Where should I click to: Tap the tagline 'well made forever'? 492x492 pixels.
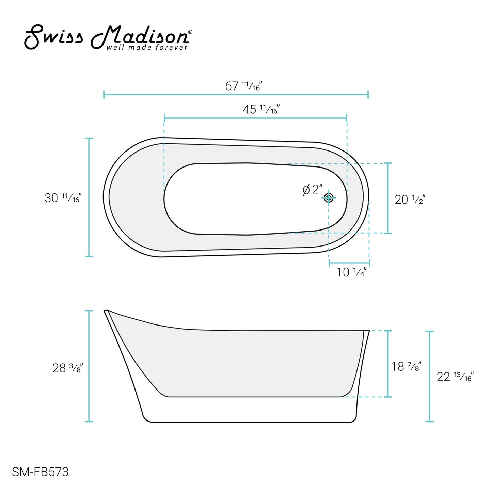click(147, 47)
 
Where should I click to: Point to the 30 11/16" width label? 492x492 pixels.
click(63, 197)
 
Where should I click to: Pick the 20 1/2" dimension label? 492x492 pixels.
click(410, 200)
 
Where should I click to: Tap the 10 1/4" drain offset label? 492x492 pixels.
click(352, 272)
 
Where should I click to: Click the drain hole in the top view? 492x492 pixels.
click(329, 197)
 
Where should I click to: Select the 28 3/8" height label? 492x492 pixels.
click(68, 368)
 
